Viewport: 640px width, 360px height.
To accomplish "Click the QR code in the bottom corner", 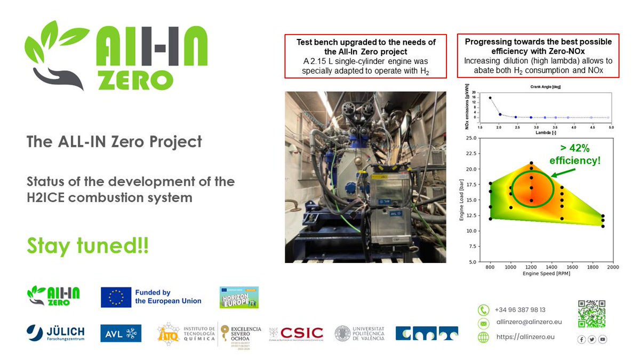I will click(591, 314).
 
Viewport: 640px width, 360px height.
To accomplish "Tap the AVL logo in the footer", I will click(121, 333).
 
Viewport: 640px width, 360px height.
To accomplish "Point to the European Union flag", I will click(116, 298).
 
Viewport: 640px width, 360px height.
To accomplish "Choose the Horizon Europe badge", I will click(239, 298).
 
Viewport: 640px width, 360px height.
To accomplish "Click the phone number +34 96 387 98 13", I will click(519, 310).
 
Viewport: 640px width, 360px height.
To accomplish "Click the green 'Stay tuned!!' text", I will click(88, 246).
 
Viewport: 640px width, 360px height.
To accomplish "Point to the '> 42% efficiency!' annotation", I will click(575, 154).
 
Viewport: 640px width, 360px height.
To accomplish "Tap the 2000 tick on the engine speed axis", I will click(612, 267).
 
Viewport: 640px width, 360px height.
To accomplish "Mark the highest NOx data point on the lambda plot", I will click(490, 98).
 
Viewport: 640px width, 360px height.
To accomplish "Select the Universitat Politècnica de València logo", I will click(360, 333).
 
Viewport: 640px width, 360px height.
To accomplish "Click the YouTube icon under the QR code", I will click(603, 339).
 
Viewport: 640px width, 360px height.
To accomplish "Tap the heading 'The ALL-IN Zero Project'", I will click(115, 141).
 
